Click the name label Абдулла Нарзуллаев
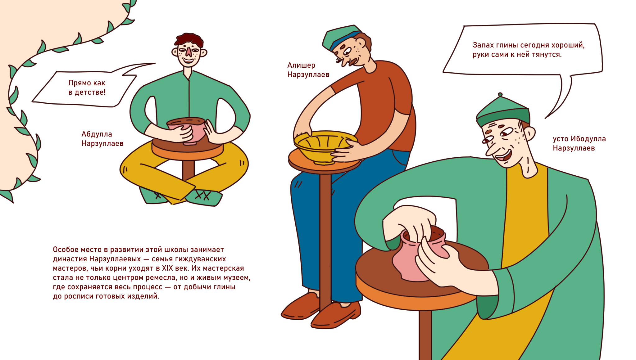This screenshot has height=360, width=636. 102,139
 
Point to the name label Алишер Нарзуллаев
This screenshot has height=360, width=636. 308,70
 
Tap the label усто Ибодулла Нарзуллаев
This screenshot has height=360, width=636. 579,143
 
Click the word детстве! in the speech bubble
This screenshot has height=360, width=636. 90,92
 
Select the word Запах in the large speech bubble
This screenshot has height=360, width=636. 483,45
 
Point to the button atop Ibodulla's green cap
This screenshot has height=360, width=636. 500,94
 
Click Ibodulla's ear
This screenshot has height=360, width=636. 529,133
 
